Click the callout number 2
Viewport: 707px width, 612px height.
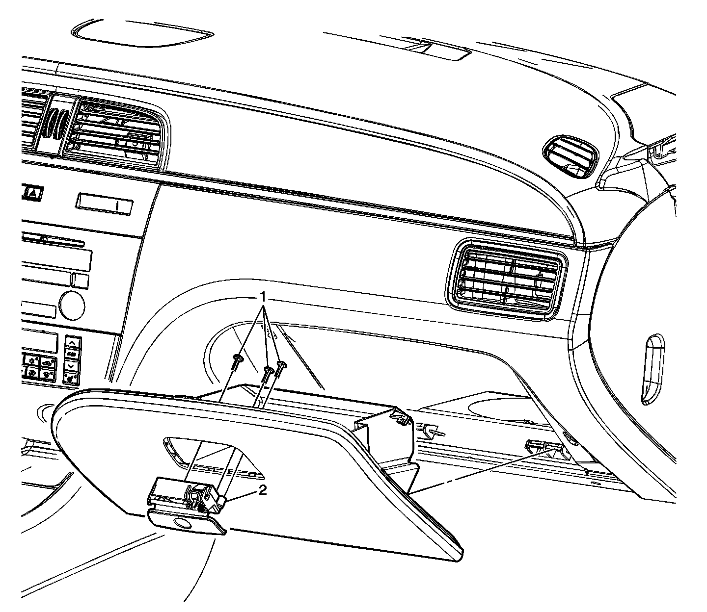coord(263,491)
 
